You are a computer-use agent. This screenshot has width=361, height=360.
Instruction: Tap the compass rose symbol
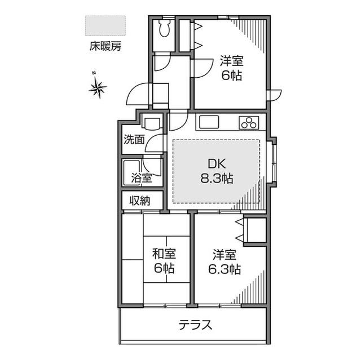(x=98, y=87)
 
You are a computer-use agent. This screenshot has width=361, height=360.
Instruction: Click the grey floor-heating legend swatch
(x=105, y=26)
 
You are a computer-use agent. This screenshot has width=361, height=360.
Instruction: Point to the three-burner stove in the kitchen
(x=249, y=122)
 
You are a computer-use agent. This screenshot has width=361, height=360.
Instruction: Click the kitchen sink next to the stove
(x=208, y=122)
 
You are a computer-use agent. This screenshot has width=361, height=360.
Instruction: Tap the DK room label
(x=217, y=165)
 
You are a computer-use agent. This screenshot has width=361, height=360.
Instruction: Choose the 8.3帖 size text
(x=217, y=179)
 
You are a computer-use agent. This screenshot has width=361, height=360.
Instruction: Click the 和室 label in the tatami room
(x=163, y=254)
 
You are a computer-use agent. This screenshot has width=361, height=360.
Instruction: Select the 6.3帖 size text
(x=224, y=269)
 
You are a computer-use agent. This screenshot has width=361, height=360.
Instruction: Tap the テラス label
(x=195, y=325)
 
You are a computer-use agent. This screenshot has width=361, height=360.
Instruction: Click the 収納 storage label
(x=140, y=200)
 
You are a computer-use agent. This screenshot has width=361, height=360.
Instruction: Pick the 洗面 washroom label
(x=134, y=139)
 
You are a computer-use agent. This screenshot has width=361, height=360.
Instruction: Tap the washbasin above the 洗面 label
(x=151, y=122)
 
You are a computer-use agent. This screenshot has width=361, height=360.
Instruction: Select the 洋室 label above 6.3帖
(x=224, y=254)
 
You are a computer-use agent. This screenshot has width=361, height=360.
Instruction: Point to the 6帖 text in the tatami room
(x=164, y=269)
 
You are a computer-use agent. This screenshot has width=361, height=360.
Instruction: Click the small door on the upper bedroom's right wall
(x=274, y=95)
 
